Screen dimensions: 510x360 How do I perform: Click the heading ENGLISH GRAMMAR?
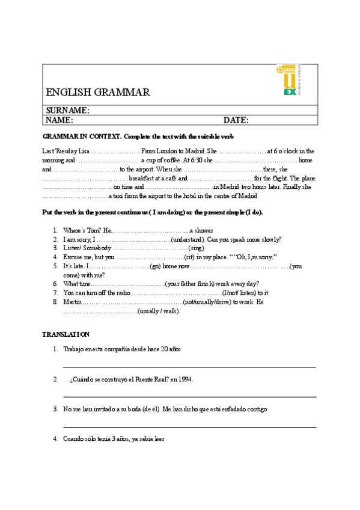coord(98,92)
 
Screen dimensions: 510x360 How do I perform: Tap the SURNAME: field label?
coord(68,110)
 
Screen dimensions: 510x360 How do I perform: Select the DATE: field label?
coord(236,120)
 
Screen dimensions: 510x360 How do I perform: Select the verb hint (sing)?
coord(197,248)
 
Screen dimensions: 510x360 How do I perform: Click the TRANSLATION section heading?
coord(66,334)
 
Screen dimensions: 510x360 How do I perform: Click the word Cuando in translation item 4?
coord(75,439)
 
